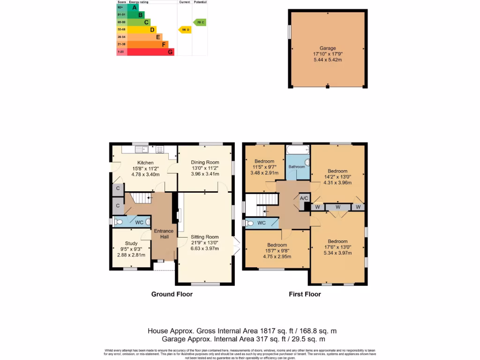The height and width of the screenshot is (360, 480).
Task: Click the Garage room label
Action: coord(328,48)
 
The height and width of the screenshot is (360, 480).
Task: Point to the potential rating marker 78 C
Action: coord(200,22)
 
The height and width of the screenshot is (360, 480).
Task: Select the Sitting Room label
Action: coord(205,237)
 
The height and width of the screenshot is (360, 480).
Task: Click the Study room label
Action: coord(131,243)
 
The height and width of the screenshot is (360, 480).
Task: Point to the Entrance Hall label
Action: coord(164,234)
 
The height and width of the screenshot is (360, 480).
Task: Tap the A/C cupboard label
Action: coord(304,198)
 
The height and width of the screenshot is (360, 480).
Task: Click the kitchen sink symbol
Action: coord(141,150)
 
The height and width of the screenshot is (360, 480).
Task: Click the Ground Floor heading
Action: coord(172,294)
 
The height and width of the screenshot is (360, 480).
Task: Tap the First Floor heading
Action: coord(305,294)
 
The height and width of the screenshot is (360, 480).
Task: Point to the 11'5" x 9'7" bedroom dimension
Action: coord(265,167)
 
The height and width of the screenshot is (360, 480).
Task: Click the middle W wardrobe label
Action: coord(337,207)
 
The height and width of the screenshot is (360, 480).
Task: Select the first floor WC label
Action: coord(262,223)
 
